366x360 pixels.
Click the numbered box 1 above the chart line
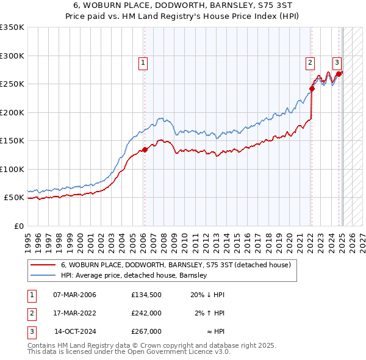(143, 62)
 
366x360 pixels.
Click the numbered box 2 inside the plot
(310, 62)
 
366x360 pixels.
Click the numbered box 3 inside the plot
(336, 62)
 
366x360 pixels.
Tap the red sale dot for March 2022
(312, 88)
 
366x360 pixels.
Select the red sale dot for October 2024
(338, 74)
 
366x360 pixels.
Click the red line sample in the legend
(42, 265)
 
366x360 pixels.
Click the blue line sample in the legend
(42, 276)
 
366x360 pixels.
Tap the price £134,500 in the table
(146, 295)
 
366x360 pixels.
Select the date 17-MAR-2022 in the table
(74, 313)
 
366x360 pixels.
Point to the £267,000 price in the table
(146, 331)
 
